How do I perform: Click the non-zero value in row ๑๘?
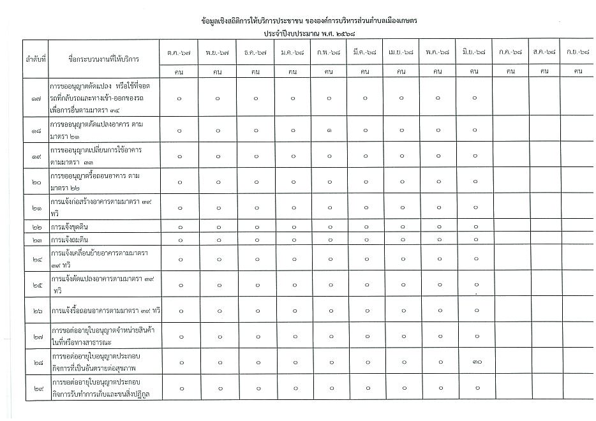pos(328,130)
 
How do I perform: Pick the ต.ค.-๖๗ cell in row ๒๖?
pos(179,311)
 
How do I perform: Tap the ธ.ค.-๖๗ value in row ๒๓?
pos(255,240)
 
